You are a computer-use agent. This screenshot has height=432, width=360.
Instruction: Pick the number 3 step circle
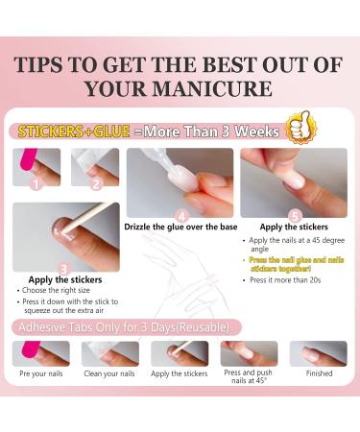(63, 268)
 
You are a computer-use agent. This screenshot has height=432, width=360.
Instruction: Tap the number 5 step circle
(294, 215)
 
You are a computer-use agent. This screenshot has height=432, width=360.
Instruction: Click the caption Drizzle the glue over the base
(179, 228)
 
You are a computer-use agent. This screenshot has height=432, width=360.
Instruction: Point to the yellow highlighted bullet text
(295, 265)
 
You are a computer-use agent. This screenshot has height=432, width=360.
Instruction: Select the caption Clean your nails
(109, 373)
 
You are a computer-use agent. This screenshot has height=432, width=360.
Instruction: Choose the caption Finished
(319, 373)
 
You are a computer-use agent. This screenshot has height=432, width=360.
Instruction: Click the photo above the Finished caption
(319, 352)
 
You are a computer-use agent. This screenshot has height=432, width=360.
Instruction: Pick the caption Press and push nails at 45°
(249, 377)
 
